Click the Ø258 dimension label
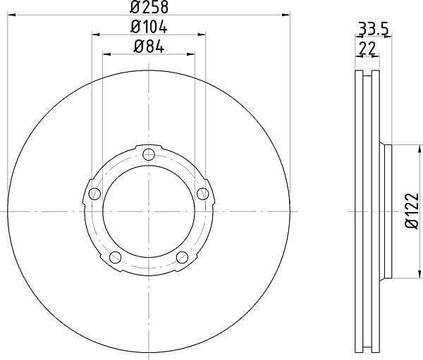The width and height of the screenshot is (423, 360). coord(149,7)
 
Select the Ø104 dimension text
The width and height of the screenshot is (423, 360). coord(149,27)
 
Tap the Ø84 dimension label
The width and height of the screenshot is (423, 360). coord(149,47)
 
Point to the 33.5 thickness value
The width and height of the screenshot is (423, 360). coord(373,29)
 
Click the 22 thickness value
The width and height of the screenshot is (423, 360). coord(367,49)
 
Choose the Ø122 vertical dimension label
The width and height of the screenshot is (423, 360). coord(412,211)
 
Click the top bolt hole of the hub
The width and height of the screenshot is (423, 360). coord(149,154)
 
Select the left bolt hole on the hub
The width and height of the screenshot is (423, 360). coord(94,194)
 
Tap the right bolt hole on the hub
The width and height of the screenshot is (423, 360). coord(202,194)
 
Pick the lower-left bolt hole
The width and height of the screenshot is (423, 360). coord(115,257)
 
